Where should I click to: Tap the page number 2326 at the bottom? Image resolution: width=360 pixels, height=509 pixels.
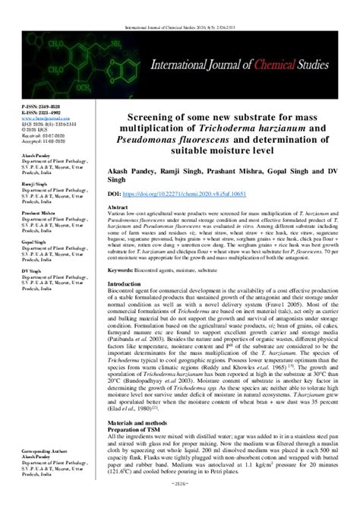(179, 503)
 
